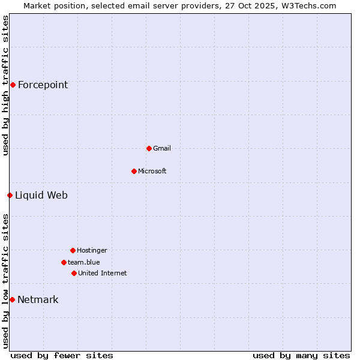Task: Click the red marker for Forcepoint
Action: click(13, 85)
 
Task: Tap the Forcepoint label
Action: click(43, 85)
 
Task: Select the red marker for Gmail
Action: click(149, 148)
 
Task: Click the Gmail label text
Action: click(162, 148)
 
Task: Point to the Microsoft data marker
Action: click(134, 171)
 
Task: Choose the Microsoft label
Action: click(152, 171)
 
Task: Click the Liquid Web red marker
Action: click(10, 195)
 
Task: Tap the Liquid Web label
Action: click(41, 195)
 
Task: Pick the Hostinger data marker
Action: click(73, 250)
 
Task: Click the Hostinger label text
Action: click(92, 250)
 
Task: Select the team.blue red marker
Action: click(64, 262)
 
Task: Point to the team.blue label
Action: click(83, 262)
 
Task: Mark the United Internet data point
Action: click(74, 273)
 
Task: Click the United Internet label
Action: click(102, 273)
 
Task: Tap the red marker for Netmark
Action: click(12, 299)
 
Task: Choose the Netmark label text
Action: click(38, 299)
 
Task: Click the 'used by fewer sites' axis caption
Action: click(62, 355)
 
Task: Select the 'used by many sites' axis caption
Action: click(301, 355)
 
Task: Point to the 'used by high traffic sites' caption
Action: click(5, 85)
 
